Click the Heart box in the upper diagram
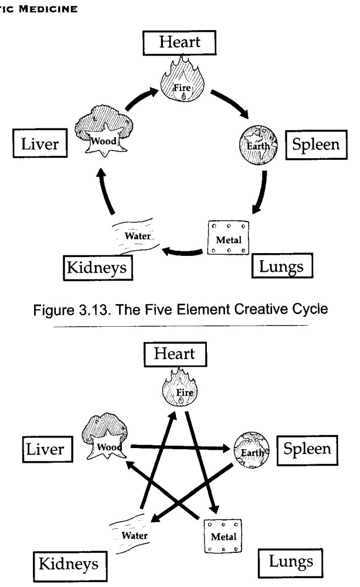(x=179, y=43)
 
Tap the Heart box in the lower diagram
(x=175, y=354)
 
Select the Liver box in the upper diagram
(x=40, y=143)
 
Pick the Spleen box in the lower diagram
(x=307, y=450)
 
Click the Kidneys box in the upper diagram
(x=98, y=267)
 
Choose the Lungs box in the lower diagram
(x=290, y=563)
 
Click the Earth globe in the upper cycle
(x=258, y=145)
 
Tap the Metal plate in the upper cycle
(x=228, y=238)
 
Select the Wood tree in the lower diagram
(x=105, y=436)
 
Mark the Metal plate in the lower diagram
(x=223, y=536)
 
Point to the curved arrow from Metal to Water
(x=183, y=252)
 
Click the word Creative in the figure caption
(x=257, y=310)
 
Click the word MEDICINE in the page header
(x=48, y=9)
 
